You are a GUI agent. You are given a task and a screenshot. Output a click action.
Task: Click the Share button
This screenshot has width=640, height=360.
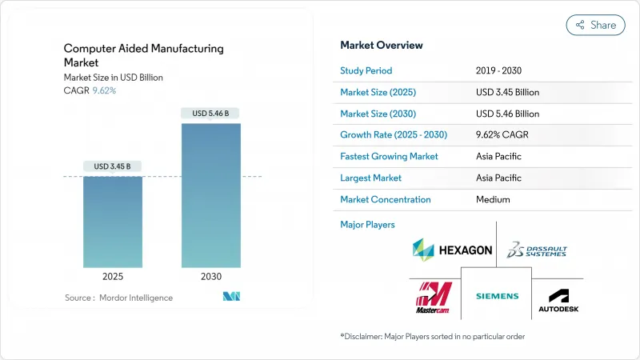595,25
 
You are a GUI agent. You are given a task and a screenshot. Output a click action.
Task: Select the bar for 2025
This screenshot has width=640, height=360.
113,222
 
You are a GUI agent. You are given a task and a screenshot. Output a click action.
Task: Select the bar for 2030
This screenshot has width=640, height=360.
210,195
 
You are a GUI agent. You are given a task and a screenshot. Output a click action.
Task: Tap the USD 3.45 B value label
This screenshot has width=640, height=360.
113,166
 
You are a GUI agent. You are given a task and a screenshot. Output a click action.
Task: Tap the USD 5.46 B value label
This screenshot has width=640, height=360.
210,114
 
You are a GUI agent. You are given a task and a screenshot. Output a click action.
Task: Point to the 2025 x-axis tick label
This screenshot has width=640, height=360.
113,276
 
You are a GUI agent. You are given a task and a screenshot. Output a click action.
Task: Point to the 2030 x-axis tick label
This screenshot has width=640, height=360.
210,276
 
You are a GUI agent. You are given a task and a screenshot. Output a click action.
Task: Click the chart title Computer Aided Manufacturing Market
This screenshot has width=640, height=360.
144,55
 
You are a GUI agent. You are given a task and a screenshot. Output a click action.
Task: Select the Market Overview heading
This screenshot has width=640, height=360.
382,45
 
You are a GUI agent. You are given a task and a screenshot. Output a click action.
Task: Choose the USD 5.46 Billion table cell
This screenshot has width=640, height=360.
507,114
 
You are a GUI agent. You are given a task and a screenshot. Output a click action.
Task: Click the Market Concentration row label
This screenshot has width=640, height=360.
386,199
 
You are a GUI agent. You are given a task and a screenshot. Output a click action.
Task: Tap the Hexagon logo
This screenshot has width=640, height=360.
452,250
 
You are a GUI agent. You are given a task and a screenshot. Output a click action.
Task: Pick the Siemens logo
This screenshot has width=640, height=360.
497,296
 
